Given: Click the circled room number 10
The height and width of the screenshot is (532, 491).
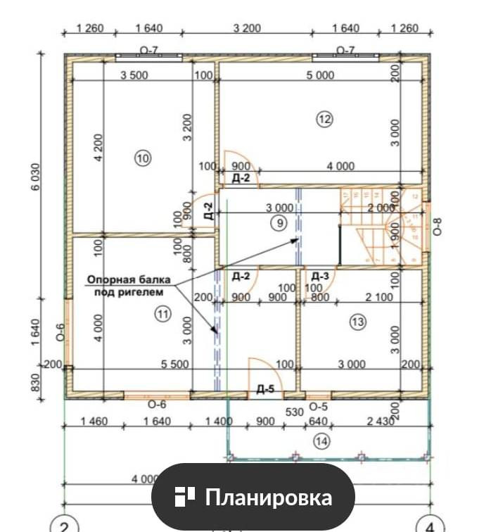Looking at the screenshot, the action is coord(143,159).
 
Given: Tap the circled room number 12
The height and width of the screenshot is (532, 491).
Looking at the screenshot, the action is coord(324,120).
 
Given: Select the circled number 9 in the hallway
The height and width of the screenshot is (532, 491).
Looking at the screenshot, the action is coord(279,224).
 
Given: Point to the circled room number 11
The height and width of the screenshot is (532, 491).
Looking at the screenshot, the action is coord(163,315).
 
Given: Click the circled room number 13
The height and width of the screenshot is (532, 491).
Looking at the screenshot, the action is coord(357,322).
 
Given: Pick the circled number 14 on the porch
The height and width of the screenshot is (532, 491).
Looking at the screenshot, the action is coord(323,441).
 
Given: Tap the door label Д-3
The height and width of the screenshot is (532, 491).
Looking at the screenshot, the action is coord(321,276).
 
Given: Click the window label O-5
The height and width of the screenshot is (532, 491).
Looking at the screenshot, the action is coord(319,405).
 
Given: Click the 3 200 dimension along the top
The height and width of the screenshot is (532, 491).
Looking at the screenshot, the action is coord(246,28).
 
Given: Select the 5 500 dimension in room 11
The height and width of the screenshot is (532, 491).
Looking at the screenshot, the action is coord(174,364).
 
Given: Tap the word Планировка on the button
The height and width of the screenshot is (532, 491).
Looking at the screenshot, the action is coord(268,498).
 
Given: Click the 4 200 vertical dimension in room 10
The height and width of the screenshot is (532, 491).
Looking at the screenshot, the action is coord(98,150).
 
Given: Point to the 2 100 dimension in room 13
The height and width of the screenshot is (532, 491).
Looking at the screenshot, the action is coord(379,298).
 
